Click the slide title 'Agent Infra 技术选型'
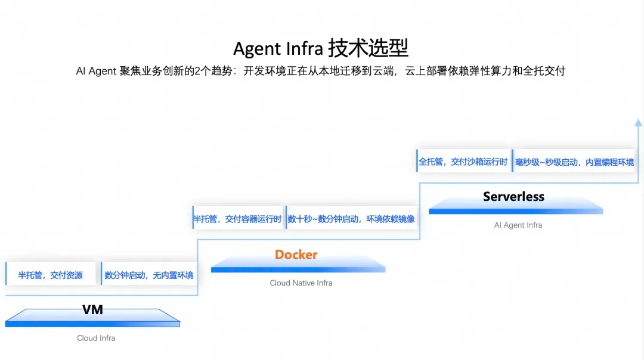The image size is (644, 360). point(320,48)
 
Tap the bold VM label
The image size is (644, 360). point(92,309)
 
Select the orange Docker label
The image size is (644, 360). point(296,255)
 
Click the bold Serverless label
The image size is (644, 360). point(513,197)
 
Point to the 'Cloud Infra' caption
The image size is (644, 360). point(96,338)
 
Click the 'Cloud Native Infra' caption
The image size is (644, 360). point(301,283)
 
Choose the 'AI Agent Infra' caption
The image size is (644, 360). point(518,225)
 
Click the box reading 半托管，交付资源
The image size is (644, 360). point(51,274)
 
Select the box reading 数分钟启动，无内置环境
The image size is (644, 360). point(148,274)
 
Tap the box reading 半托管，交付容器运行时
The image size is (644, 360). point(238,218)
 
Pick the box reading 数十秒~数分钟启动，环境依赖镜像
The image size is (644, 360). point(351,218)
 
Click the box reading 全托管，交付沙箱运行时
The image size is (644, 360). point(463,160)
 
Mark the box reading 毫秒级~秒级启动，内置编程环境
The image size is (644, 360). point(574,160)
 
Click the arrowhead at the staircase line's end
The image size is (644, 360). point(638,122)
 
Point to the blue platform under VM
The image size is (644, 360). point(92,318)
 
